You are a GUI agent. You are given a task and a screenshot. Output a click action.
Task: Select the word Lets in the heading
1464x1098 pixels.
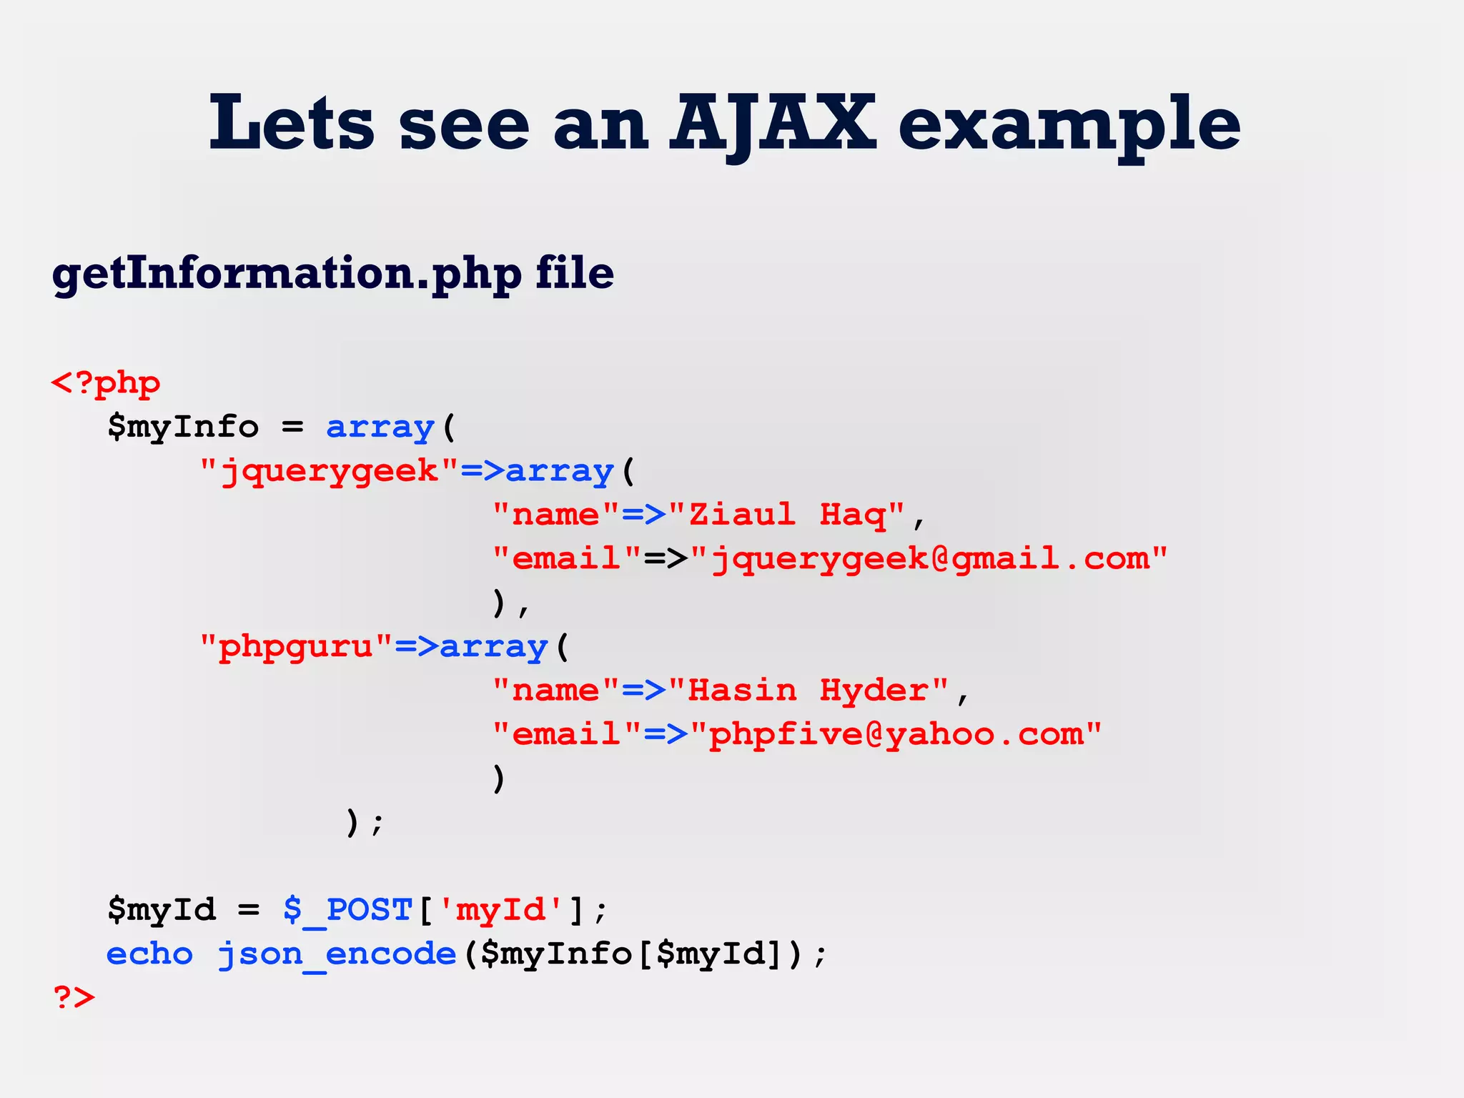291,124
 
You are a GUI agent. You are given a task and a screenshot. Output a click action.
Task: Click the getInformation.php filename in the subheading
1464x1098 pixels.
287,274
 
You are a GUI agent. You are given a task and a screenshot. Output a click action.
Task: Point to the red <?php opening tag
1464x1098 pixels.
106,384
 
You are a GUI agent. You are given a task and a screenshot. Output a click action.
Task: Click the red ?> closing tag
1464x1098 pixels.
74,997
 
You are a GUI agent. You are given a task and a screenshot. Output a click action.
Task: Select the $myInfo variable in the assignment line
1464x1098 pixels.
183,427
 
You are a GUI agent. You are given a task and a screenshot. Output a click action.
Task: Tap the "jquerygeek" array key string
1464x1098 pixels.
329,472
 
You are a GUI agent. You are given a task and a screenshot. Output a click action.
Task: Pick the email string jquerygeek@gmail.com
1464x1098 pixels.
929,559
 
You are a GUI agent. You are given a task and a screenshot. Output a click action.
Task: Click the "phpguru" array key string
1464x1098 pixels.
296,647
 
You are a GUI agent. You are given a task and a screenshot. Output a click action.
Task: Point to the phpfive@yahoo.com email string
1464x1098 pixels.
896,735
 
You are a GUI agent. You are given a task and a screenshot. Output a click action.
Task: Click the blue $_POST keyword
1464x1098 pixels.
348,910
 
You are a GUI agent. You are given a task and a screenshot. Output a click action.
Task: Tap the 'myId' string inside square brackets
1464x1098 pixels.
500,910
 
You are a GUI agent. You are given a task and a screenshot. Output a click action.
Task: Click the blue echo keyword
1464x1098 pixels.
149,954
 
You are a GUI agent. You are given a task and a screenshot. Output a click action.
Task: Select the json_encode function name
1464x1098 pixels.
337,954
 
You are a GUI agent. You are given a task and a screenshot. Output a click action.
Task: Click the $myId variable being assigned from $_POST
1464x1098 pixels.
162,910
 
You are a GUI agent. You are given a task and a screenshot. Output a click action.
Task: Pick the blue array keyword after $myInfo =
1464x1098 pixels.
380,427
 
